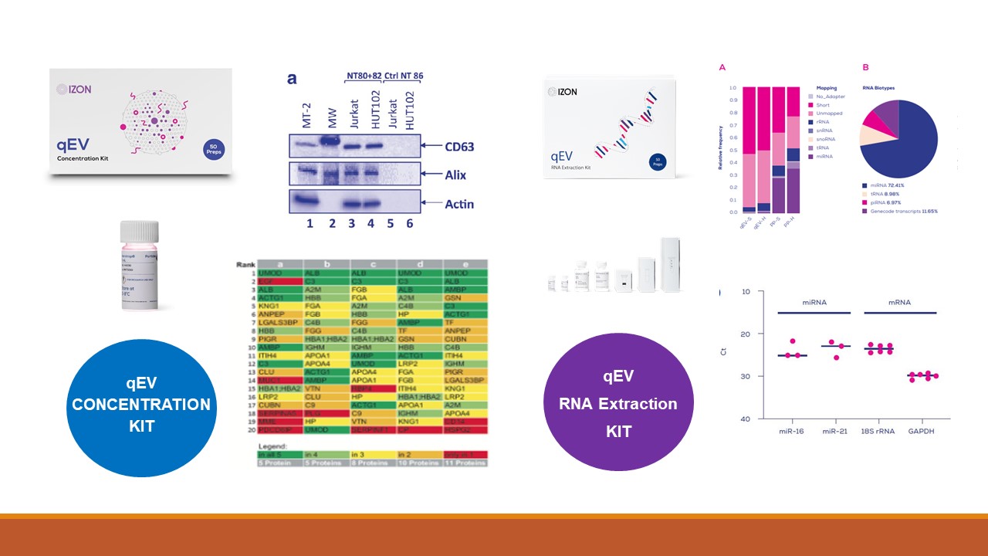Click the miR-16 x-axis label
point(791,431)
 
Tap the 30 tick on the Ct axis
point(723,376)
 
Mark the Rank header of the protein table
point(245,264)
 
